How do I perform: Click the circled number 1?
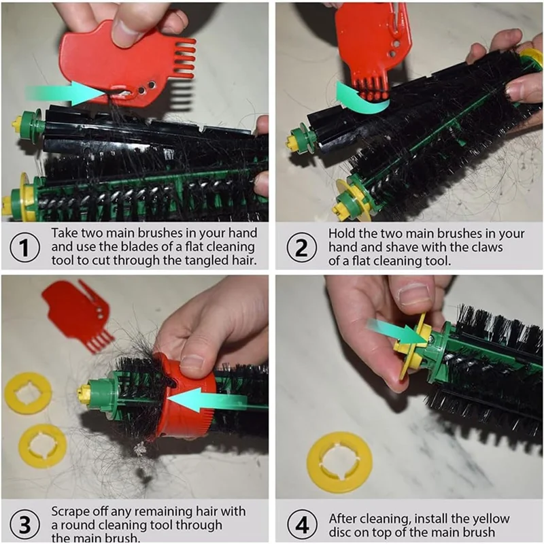[24, 248]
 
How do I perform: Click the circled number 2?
[301, 248]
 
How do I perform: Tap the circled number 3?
[24, 525]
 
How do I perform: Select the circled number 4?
[302, 525]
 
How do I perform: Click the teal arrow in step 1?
[66, 93]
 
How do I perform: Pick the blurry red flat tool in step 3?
[77, 313]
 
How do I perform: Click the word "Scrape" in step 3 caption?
[71, 512]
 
